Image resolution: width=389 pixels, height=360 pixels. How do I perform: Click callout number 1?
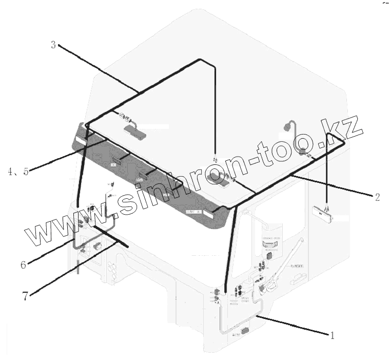click(332, 336)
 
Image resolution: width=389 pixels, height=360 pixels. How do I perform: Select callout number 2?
click(377, 197)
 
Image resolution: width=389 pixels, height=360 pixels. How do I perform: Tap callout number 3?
click(53, 45)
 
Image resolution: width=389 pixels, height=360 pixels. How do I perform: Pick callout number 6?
click(23, 265)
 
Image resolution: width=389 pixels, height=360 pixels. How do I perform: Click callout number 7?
click(25, 296)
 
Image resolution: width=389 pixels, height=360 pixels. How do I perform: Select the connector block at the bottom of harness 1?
click(246, 331)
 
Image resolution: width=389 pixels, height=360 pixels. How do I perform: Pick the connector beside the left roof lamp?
click(123, 117)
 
